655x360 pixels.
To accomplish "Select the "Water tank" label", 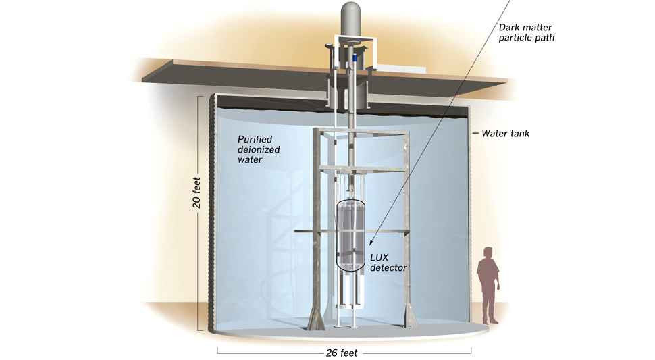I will coord(506,134).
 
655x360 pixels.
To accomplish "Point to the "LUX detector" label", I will coord(389,263).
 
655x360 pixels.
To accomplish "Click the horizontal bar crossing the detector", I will coord(317,233).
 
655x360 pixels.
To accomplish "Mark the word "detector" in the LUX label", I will coord(389,268).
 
